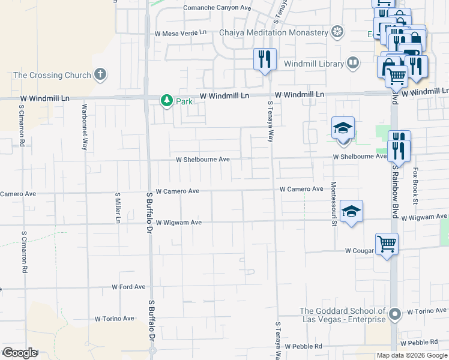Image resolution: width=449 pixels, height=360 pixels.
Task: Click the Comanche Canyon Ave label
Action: coord(216,8)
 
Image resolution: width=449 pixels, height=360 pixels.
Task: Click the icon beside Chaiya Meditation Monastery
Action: coord(339,31)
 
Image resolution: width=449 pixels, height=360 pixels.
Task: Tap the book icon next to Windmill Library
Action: coord(352,62)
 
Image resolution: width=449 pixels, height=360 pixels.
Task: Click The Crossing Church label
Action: coord(52,75)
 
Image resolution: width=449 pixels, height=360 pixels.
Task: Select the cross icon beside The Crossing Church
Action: coord(100,75)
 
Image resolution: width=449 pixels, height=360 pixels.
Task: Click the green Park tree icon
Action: coord(166,101)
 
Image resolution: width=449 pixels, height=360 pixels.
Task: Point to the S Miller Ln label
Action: coord(118,208)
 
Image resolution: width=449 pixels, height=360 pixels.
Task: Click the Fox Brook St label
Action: coord(415,182)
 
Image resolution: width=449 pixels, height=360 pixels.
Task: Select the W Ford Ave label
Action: coord(128,287)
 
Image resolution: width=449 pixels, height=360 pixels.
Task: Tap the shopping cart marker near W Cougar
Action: coord(387,244)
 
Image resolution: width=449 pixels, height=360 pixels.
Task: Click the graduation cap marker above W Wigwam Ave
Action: coord(351,211)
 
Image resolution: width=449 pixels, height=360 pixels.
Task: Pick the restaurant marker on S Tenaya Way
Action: coord(265,59)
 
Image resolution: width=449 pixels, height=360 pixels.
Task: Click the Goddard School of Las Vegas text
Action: coord(342,314)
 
